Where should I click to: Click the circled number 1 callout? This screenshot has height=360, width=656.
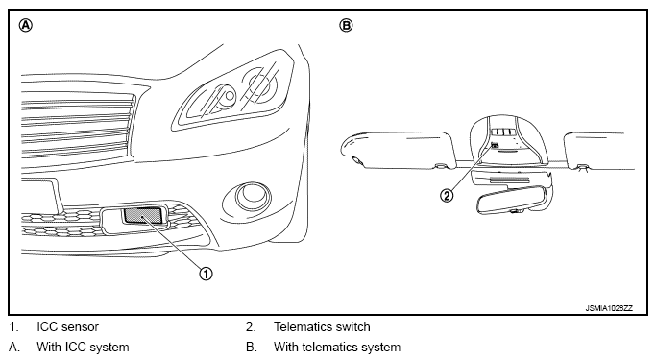[206, 274]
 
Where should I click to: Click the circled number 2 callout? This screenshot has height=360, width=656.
[447, 195]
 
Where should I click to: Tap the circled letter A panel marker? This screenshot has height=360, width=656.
[26, 26]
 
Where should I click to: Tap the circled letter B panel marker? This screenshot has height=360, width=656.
[347, 26]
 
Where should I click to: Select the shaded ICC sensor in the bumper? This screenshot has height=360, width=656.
[142, 215]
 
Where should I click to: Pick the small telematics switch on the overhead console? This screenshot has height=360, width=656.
[495, 146]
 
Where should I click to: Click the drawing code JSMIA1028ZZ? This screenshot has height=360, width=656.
[609, 308]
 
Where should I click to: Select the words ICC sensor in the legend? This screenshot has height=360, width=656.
[68, 327]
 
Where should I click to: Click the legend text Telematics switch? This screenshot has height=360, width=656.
[322, 327]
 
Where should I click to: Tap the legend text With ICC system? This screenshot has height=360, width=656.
[83, 347]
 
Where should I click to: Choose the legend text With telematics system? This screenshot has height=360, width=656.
[337, 347]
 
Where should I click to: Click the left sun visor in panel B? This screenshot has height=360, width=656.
[398, 150]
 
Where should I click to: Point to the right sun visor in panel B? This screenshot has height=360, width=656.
[599, 152]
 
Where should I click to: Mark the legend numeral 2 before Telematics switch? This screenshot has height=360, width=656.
[250, 327]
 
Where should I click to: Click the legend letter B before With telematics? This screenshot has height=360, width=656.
[251, 347]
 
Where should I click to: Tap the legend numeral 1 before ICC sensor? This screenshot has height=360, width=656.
[13, 327]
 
